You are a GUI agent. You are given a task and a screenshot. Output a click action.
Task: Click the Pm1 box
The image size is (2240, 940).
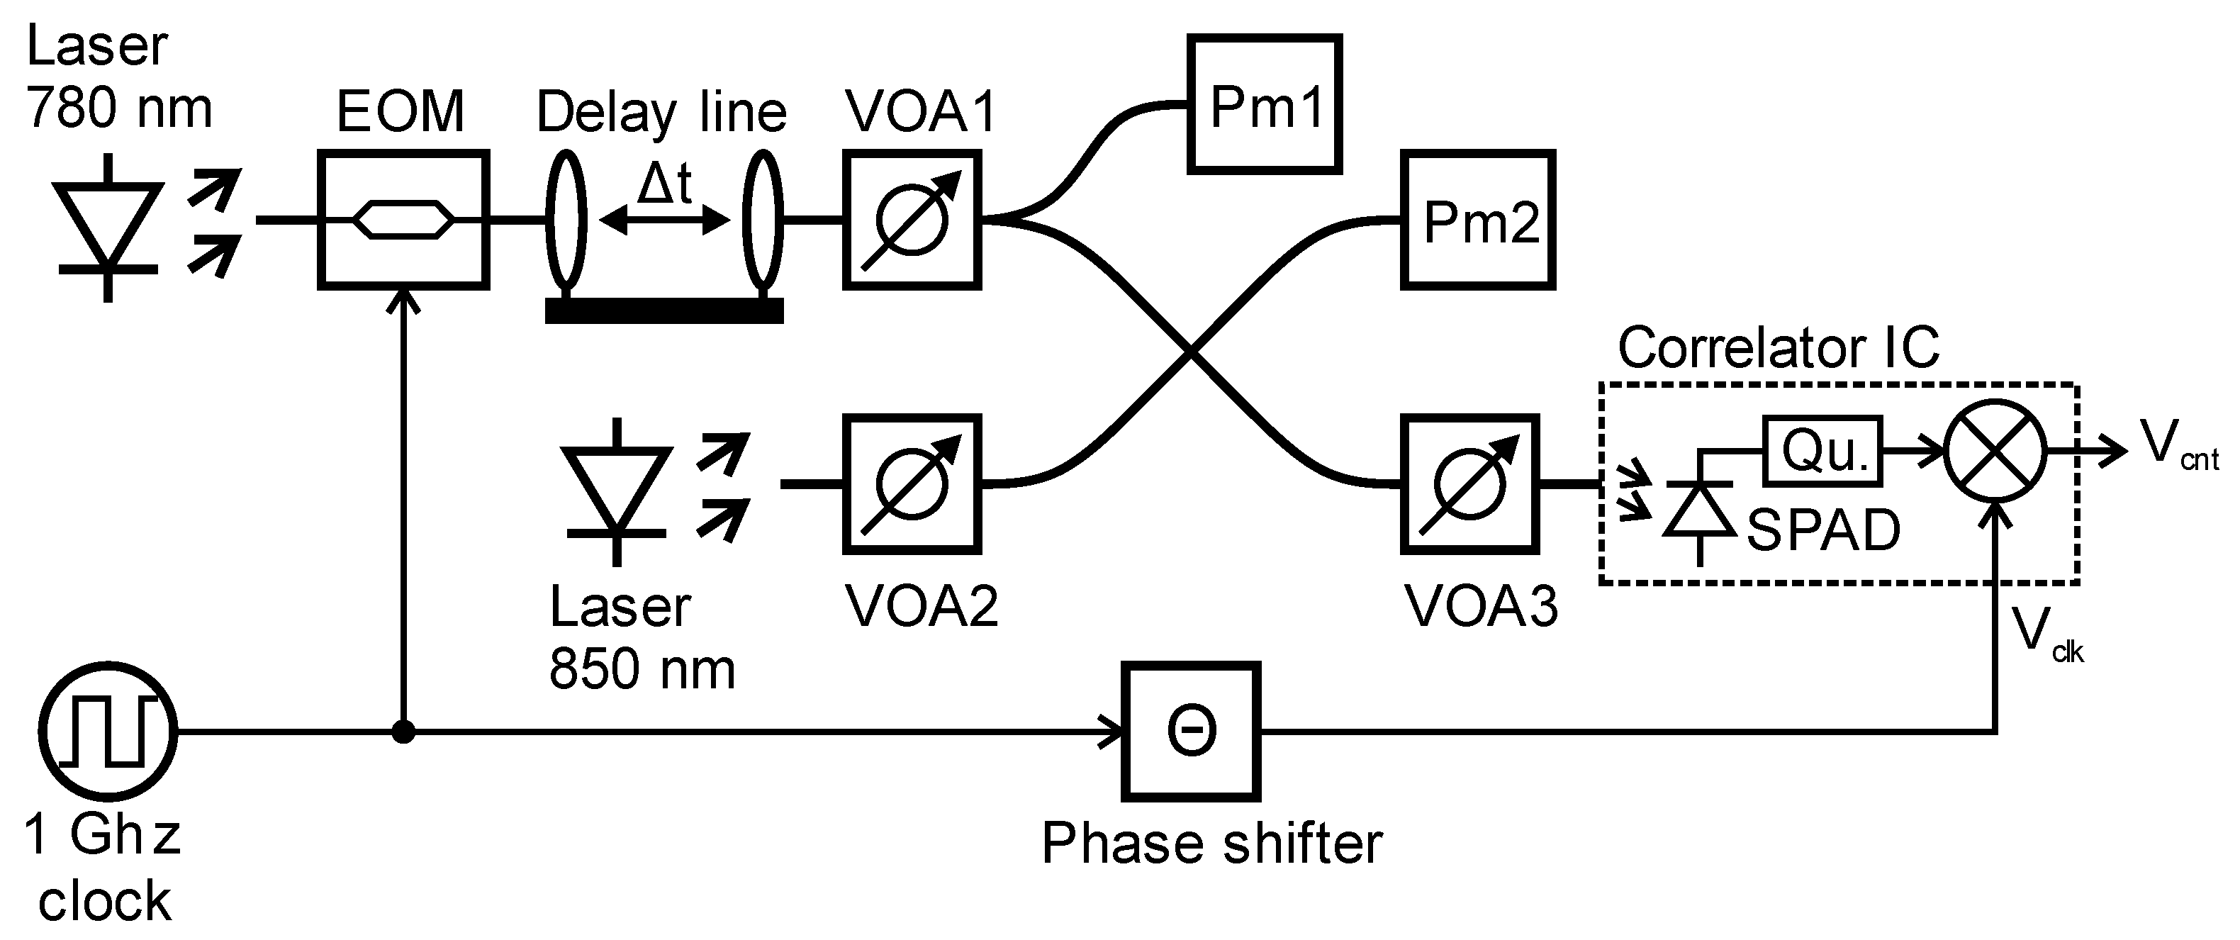point(1265,104)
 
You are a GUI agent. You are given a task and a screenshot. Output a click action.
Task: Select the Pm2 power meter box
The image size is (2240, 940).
point(1477,220)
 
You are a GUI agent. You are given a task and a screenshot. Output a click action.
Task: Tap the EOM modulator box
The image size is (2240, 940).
point(403,219)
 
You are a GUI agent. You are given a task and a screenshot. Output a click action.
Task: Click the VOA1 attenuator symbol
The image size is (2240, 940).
point(912,220)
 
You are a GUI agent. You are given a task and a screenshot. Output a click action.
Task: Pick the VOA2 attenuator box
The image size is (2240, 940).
point(912,484)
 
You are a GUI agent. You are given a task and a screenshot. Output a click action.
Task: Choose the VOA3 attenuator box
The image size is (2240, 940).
point(1469,484)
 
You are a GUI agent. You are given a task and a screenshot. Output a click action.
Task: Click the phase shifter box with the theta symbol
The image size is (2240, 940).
point(1190,732)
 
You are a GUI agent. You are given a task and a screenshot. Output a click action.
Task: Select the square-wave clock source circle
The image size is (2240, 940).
point(108,732)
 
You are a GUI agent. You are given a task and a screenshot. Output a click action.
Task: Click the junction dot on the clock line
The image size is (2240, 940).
point(403,732)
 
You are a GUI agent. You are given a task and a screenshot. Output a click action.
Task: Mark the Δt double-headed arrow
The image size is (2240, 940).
point(664,221)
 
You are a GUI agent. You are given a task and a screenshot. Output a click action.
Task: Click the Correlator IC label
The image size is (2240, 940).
point(1779,348)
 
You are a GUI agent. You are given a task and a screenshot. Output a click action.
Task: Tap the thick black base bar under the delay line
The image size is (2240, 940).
point(664,310)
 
